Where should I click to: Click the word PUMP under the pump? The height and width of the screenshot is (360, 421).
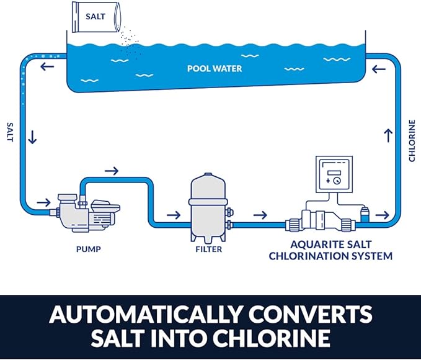point(86,250)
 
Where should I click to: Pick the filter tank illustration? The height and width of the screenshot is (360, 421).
point(208,206)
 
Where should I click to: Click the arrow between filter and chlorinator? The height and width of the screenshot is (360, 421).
point(260,215)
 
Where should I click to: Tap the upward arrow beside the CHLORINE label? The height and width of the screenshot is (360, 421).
point(389,134)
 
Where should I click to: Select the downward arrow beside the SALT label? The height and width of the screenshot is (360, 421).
point(32,137)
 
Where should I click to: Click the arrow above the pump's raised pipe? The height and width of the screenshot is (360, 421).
point(112,169)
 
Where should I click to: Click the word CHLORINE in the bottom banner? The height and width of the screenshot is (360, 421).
point(270,339)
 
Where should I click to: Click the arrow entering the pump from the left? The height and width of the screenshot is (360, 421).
point(44,202)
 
